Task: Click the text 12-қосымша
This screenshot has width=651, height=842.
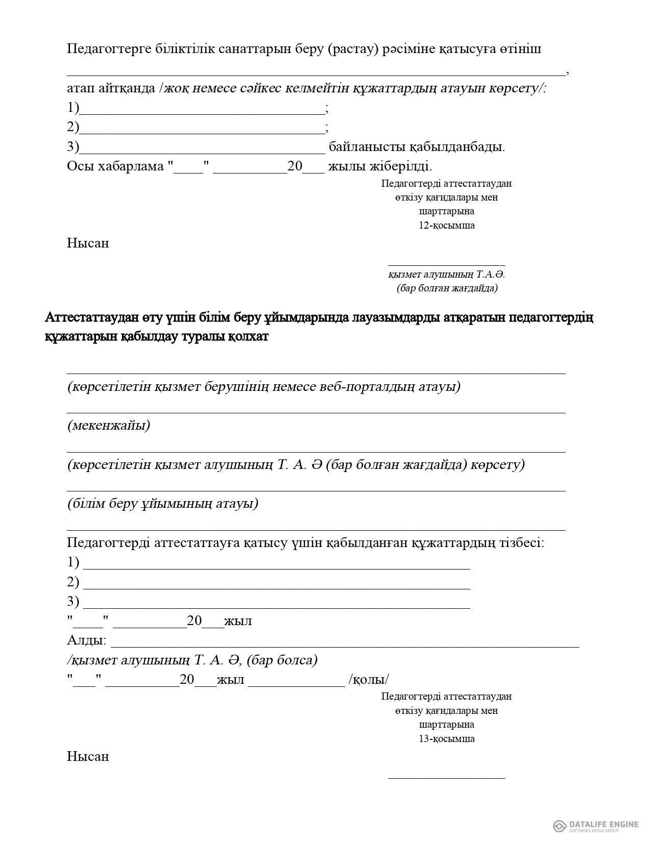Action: coord(447,226)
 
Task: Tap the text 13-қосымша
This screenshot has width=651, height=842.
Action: coord(447,738)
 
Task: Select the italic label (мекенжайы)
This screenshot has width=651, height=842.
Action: coord(109,425)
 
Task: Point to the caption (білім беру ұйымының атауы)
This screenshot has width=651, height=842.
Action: coord(163,503)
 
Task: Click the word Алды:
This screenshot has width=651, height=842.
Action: coord(87,640)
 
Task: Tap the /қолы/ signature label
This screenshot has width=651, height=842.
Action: coord(369,680)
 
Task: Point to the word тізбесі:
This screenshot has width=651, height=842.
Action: coord(520,542)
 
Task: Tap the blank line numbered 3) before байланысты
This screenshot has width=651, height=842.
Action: coord(202,151)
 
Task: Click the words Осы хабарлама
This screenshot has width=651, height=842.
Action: coord(115,166)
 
